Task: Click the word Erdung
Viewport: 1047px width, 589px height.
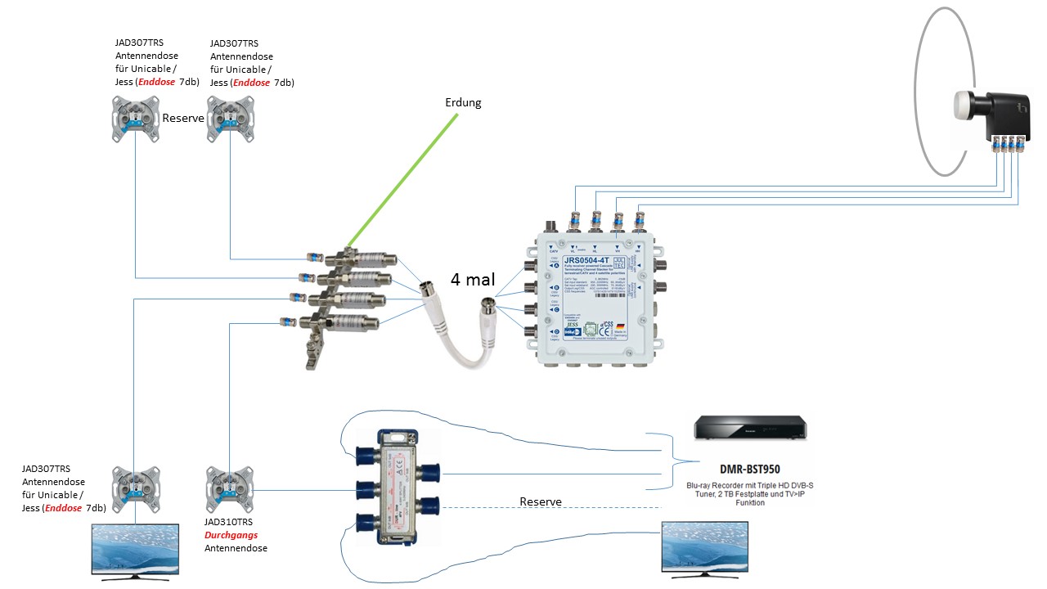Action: pyautogui.click(x=463, y=103)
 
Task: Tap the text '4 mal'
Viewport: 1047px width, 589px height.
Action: pyautogui.click(x=471, y=279)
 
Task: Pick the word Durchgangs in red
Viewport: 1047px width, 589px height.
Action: pyautogui.click(x=231, y=534)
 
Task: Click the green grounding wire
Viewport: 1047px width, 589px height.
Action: pyautogui.click(x=401, y=181)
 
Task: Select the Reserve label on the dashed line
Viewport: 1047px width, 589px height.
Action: pyautogui.click(x=541, y=501)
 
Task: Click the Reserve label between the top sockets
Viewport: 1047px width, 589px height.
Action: pyautogui.click(x=183, y=118)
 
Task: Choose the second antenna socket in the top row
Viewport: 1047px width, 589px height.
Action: pyautogui.click(x=229, y=119)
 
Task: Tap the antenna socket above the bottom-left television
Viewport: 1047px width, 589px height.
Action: pyautogui.click(x=133, y=489)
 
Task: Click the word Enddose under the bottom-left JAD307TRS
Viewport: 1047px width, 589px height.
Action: pyautogui.click(x=63, y=508)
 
